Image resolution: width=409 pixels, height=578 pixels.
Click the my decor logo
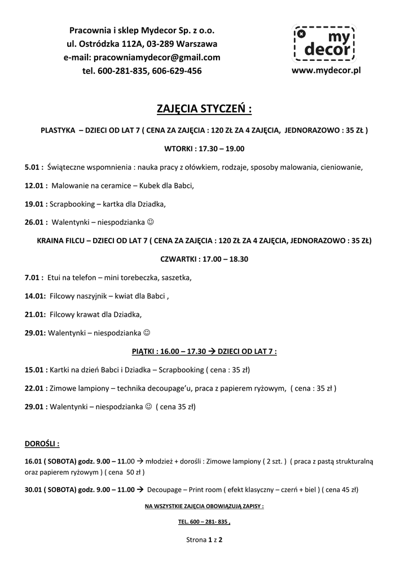(323, 44)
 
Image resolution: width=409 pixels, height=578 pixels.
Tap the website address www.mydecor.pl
(326, 71)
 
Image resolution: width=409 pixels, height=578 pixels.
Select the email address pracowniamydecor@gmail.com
(142, 57)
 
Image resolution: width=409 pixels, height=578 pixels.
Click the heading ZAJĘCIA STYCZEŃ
(204, 108)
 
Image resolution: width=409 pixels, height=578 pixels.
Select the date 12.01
(35, 185)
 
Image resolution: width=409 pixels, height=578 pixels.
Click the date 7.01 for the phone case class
(33, 277)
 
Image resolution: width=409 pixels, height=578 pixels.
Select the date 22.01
(35, 388)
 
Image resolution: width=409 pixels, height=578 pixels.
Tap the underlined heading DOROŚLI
(42, 443)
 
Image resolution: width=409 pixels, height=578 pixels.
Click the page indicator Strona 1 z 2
(204, 540)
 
